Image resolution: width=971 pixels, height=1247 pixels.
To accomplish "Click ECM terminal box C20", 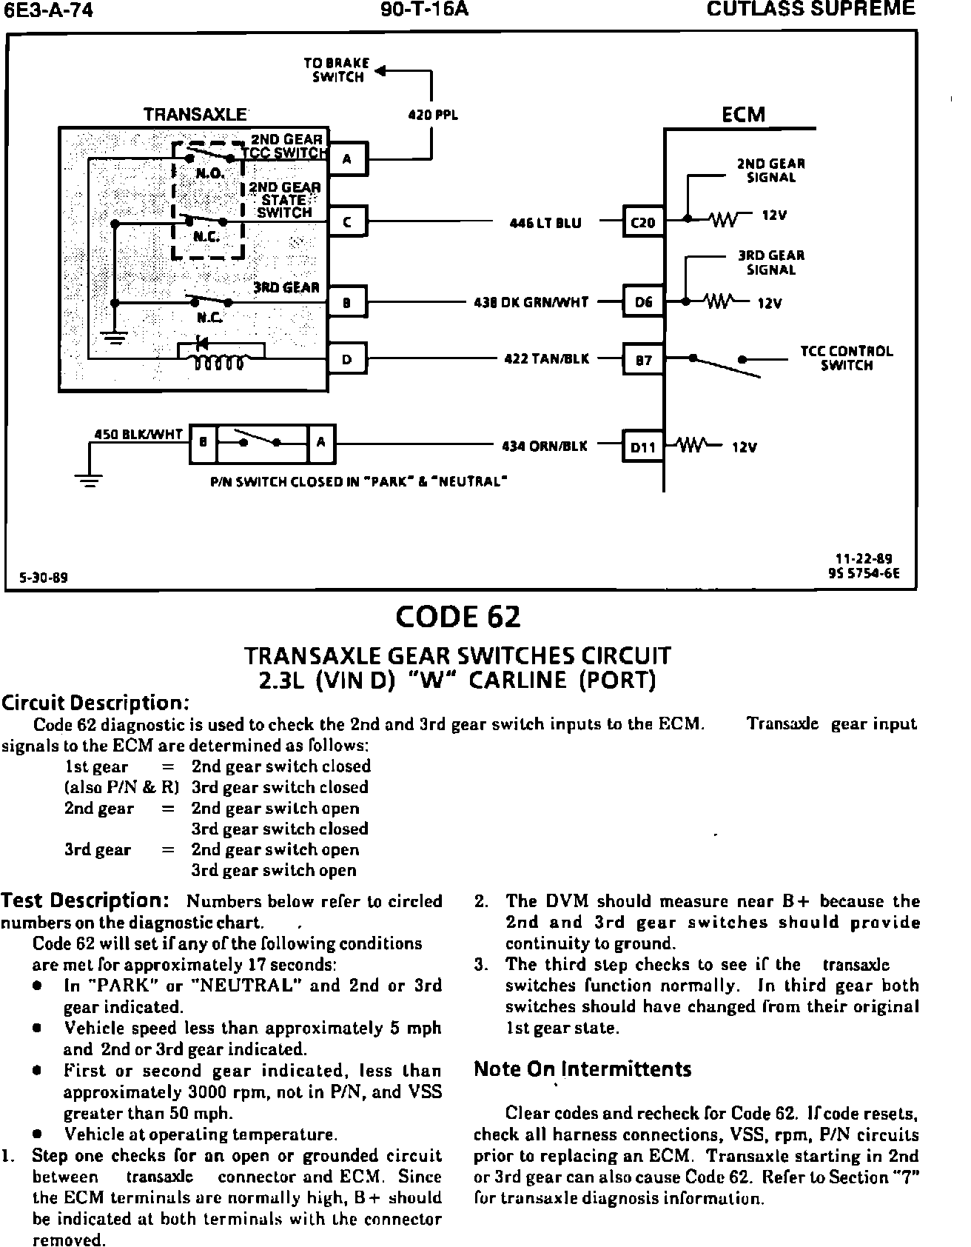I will [x=642, y=222].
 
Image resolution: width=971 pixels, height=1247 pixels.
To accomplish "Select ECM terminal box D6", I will [x=643, y=302].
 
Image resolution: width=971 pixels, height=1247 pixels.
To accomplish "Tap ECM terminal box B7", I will [x=643, y=361].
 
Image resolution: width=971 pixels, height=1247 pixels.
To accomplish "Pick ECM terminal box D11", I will [x=643, y=447].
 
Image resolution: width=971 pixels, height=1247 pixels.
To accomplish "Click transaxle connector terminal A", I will [x=347, y=158].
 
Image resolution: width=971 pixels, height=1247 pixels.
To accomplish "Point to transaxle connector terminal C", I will [x=347, y=221].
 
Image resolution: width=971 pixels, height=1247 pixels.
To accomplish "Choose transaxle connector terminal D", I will [x=347, y=360].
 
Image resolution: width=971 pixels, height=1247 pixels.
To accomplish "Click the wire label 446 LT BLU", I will [x=546, y=222].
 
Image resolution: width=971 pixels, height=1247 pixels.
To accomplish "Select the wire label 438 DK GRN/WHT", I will [x=531, y=302].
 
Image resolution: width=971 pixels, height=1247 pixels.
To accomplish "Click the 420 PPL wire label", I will [x=434, y=116].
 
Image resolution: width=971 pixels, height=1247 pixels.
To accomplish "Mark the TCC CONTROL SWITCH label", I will [x=847, y=358].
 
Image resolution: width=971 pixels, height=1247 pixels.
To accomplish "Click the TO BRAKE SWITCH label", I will [x=337, y=70].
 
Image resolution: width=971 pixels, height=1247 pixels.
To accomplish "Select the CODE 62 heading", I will [x=458, y=617].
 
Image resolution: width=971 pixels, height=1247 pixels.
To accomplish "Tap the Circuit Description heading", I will [x=95, y=702].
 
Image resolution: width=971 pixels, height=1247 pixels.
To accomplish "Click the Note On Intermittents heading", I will [x=582, y=1069].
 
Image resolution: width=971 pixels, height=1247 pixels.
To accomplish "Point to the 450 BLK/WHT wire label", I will [x=139, y=435].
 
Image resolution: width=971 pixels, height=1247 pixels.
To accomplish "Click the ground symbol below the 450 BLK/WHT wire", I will [x=90, y=481].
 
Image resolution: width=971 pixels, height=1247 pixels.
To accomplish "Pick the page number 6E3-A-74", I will [x=49, y=11].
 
